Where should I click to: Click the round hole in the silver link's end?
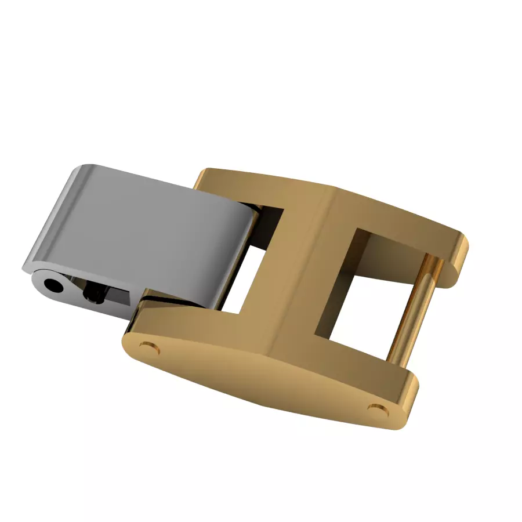(54, 285)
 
